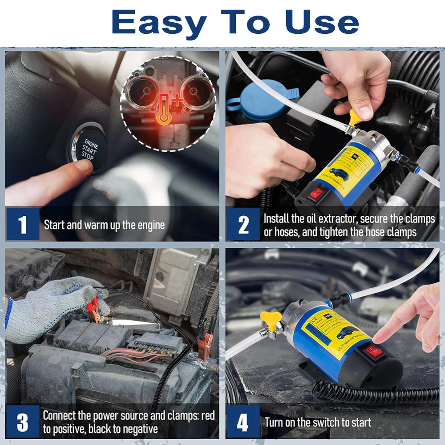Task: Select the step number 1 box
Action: [23, 225]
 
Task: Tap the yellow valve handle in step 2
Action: [356, 117]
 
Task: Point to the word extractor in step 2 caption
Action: [334, 219]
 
